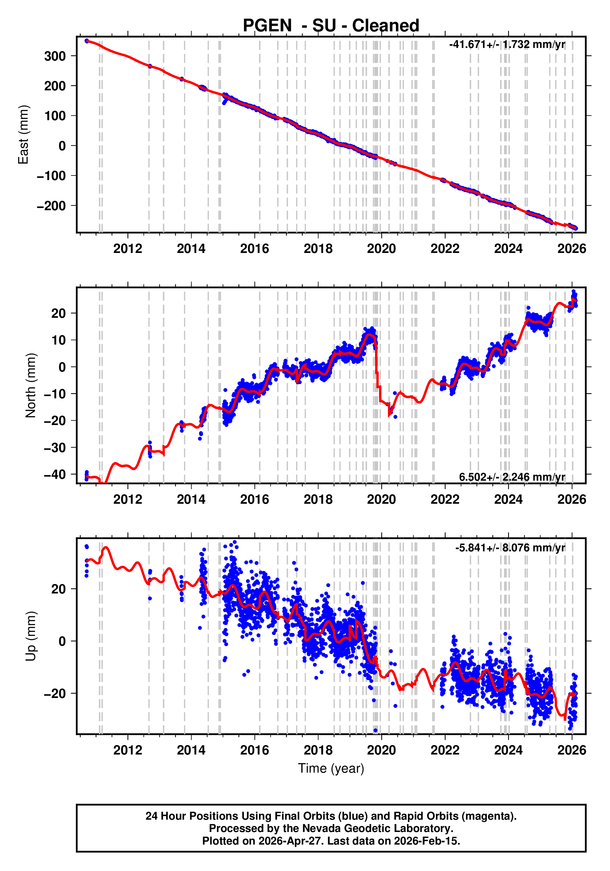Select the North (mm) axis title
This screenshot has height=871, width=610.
(30, 385)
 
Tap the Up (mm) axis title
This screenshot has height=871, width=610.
(30, 636)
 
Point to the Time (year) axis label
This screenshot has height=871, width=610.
(331, 768)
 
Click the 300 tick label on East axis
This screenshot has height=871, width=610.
(55, 56)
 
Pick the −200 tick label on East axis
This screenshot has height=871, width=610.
(51, 206)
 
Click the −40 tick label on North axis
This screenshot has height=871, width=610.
(55, 475)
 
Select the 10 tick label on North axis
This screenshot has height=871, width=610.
(59, 340)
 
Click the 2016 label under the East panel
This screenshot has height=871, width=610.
(254, 249)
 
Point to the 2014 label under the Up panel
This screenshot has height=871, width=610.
(191, 750)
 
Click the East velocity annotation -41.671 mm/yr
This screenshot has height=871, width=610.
(507, 44)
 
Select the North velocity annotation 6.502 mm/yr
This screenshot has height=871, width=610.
(512, 477)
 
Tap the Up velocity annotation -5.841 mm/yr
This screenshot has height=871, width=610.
(510, 548)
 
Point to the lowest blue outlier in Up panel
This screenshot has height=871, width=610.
(375, 730)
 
